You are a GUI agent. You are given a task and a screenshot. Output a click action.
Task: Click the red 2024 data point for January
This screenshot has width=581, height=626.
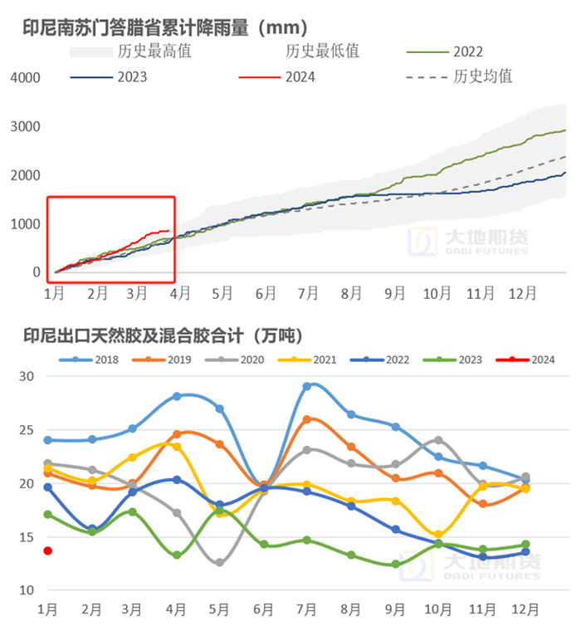(47, 550)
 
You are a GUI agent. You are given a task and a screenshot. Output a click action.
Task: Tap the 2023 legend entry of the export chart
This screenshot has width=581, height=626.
(456, 359)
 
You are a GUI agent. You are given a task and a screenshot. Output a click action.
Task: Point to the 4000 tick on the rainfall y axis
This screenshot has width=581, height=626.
(25, 77)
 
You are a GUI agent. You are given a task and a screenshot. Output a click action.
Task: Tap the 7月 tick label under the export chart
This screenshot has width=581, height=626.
(306, 609)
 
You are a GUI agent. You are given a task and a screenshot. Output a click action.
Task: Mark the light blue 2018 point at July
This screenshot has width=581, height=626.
(306, 386)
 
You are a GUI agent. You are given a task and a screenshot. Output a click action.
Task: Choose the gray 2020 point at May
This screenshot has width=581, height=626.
(220, 562)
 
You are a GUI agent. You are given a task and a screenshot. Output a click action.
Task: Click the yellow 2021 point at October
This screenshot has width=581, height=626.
(437, 534)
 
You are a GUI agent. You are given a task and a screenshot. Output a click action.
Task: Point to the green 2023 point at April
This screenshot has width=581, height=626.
(177, 555)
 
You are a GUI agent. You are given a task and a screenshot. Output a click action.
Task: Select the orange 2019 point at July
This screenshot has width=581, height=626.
(306, 419)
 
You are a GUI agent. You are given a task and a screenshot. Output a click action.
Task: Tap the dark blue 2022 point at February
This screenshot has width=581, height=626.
(91, 529)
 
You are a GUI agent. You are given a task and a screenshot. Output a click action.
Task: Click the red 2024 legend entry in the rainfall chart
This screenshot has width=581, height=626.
(299, 76)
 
